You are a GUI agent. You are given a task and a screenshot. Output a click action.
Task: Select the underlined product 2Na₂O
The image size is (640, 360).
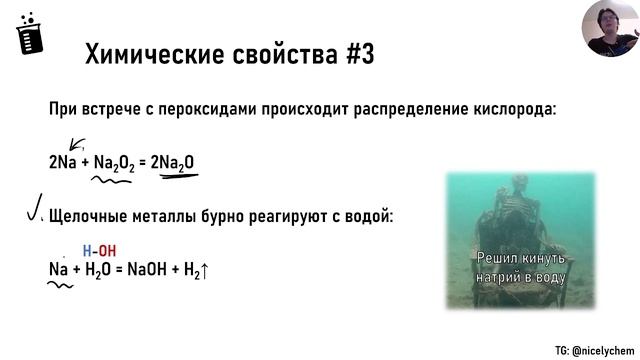[177, 162]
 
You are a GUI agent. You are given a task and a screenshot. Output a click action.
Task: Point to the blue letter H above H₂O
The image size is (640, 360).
[87, 251]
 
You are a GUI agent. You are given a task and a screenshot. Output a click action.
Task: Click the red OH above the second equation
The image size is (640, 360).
[104, 251]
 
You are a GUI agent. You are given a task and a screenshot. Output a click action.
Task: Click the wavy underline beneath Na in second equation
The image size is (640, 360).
[60, 286]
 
